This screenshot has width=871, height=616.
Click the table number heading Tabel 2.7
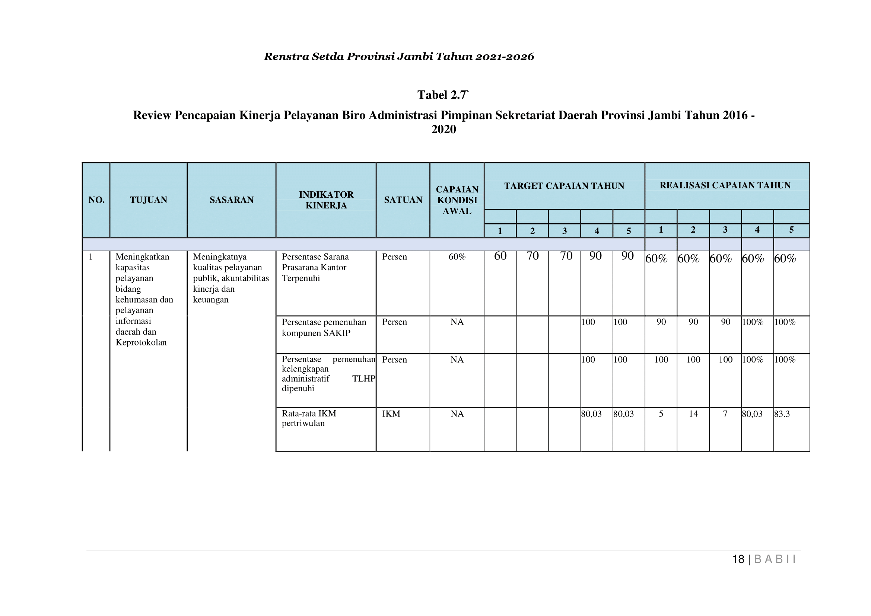[x=443, y=95]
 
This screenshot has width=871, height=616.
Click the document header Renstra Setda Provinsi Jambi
[x=399, y=57]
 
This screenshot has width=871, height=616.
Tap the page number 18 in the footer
[x=738, y=559]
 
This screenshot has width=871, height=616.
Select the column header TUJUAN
[x=148, y=200]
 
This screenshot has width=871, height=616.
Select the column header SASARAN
[x=232, y=200]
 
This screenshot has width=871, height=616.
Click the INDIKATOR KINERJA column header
[x=326, y=200]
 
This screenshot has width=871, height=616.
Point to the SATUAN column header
[x=403, y=200]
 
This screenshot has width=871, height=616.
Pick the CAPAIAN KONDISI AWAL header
[x=457, y=200]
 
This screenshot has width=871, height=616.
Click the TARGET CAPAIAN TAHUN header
[x=564, y=186]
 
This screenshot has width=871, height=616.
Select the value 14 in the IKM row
[x=693, y=414]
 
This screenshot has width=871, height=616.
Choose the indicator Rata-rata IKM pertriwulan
[x=309, y=418]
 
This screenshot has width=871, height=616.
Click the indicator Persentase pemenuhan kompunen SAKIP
[x=324, y=327]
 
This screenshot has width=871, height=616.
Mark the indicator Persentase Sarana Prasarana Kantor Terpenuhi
[x=315, y=267]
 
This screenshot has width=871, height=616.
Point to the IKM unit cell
[x=391, y=414]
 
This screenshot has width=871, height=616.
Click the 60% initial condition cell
[x=457, y=257]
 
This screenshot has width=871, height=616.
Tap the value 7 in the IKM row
[x=725, y=414]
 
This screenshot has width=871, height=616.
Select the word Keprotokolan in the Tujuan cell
[x=141, y=342]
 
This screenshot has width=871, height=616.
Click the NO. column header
[x=96, y=200]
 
